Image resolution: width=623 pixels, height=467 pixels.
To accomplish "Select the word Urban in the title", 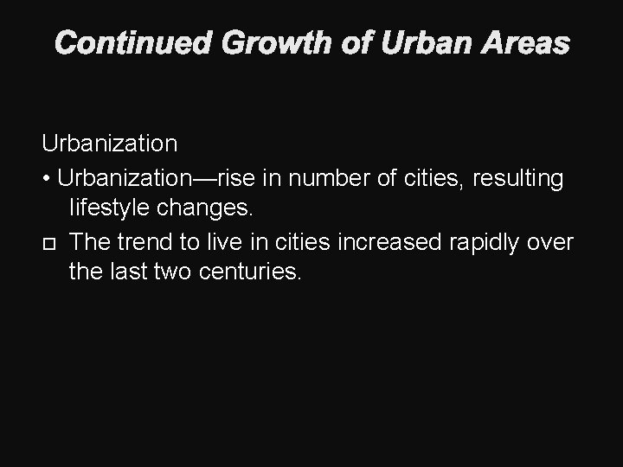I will point(410,42).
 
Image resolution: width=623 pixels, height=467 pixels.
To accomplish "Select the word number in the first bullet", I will point(331,178).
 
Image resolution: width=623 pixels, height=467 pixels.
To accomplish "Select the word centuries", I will point(250,273).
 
